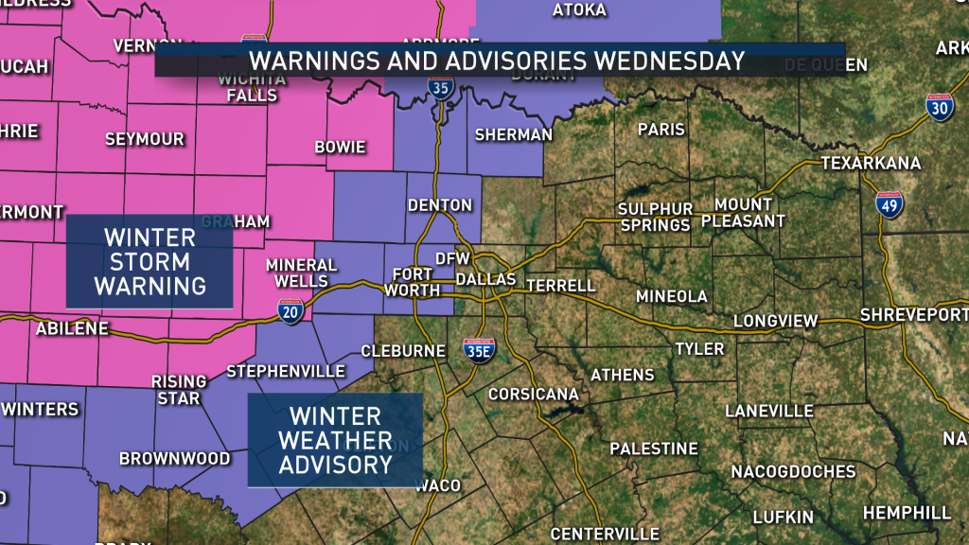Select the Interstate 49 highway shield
pos(889,205)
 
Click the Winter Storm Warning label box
pos(150,261)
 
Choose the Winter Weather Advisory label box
pos(335,440)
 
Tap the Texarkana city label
pos(871,163)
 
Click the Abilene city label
pos(72,329)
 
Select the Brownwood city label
pos(174,459)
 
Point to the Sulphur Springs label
pos(656,217)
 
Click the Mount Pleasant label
pos(749,213)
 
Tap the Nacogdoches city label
pos(793,471)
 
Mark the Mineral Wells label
pos(302,273)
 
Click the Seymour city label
pos(145,139)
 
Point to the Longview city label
pos(775,321)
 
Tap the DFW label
pos(446,258)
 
